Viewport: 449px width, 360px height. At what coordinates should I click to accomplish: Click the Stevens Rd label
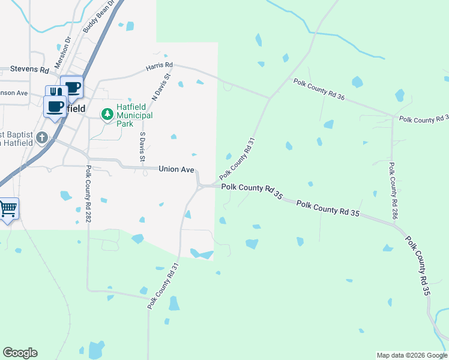(29, 70)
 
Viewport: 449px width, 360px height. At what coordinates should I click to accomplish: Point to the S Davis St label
(143, 147)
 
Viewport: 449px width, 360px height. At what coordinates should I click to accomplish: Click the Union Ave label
(176, 170)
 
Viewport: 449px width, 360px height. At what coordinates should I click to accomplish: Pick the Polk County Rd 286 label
(393, 190)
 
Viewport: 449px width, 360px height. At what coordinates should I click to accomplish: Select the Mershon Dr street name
(62, 53)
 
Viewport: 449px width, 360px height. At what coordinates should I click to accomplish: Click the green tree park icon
(107, 113)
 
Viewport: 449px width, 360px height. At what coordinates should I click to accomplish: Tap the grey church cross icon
(41, 139)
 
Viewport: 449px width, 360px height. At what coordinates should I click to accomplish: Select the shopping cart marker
(8, 209)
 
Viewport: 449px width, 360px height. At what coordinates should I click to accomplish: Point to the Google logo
(20, 353)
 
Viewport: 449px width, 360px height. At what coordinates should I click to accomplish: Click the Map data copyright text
(411, 355)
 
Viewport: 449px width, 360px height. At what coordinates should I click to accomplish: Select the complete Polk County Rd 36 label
(319, 87)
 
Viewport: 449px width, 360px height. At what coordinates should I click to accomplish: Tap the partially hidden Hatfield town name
(74, 109)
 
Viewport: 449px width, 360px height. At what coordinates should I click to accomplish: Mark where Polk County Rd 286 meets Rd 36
(393, 116)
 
